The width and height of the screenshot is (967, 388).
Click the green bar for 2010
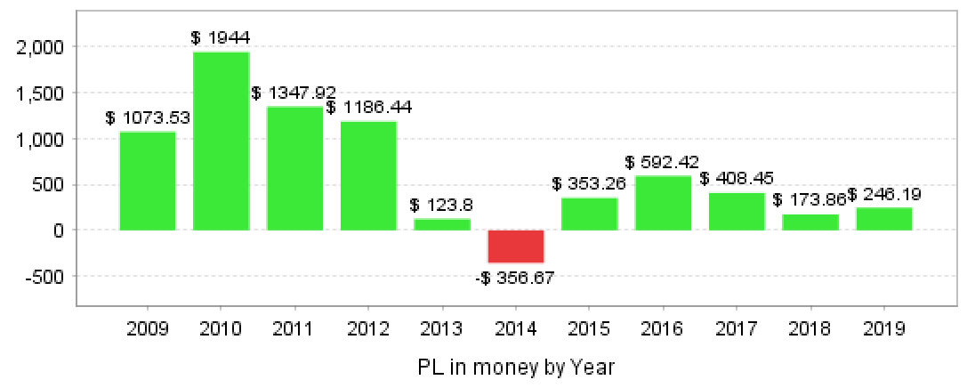coord(222,141)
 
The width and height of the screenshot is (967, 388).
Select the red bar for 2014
coord(516,246)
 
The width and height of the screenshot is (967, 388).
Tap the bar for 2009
coord(148,181)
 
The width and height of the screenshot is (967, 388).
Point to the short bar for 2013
coord(442,224)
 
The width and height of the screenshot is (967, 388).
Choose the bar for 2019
coord(884,219)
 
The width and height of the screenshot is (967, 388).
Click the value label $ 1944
coord(221,37)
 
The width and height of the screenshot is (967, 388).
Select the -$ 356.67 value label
coord(516,278)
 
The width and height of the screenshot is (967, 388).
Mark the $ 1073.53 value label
coord(148,117)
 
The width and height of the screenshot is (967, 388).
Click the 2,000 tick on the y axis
coord(41,47)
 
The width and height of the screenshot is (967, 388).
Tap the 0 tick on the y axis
coord(57,230)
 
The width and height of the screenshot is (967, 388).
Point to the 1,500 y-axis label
coord(41,93)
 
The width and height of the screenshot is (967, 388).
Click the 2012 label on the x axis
coord(368,329)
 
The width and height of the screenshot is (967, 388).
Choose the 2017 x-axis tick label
coord(737,329)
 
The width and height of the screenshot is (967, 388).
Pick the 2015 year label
coord(589,329)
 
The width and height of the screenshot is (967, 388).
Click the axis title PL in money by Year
coord(516,367)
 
